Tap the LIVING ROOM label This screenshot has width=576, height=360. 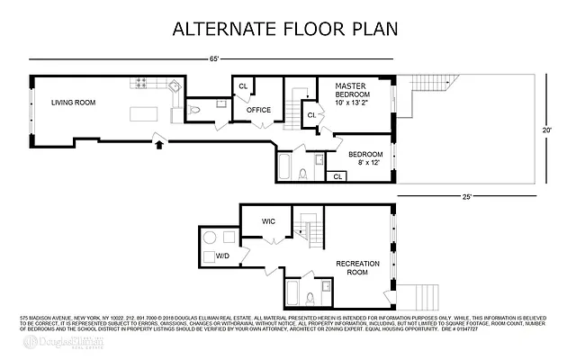click(x=73, y=103)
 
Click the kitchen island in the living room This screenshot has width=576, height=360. click(x=144, y=113)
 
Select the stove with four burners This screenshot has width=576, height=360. click(x=141, y=84)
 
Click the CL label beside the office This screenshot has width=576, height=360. click(x=243, y=86)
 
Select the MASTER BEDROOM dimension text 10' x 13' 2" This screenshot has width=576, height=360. click(x=352, y=103)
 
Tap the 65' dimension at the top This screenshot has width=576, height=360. click(x=213, y=59)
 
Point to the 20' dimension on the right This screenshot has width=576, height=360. click(x=546, y=130)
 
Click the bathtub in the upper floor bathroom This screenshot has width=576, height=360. click(x=284, y=167)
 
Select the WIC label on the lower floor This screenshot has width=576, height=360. click(x=267, y=220)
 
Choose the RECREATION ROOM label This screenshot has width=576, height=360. click(x=357, y=267)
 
